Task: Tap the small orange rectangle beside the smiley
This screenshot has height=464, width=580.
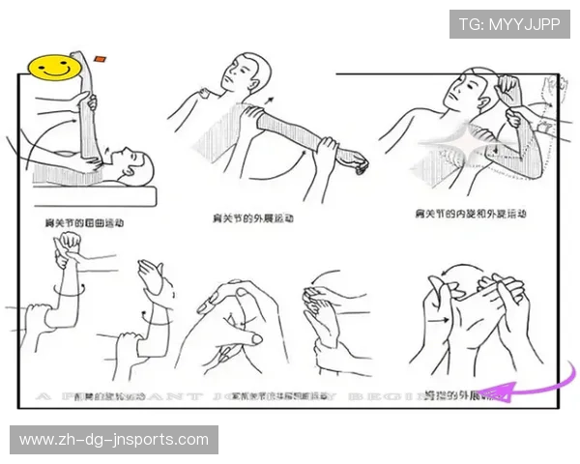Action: pyautogui.click(x=101, y=58)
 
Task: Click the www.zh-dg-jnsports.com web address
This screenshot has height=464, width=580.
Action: pyautogui.click(x=114, y=440)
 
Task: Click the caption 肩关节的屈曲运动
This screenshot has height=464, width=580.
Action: pyautogui.click(x=84, y=222)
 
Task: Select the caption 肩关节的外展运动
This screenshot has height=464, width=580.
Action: pyautogui.click(x=254, y=218)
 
